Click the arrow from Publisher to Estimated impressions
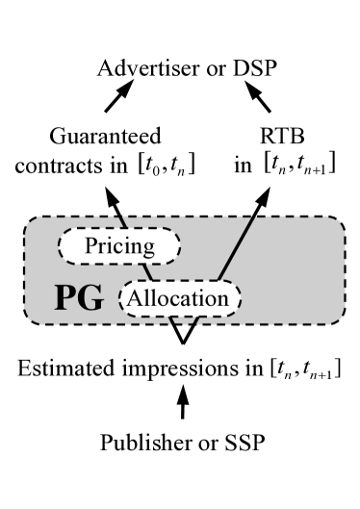pos(182,406)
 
